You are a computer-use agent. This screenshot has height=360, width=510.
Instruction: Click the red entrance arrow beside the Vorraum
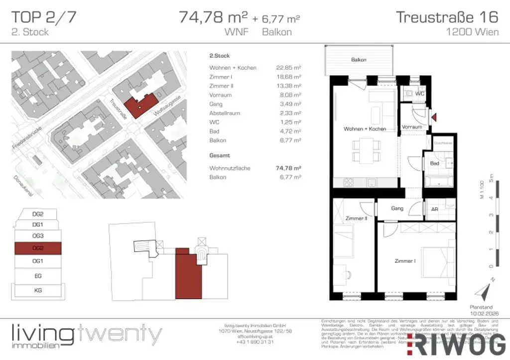point(434,118)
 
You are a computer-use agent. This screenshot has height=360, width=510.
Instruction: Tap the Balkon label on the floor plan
point(359,60)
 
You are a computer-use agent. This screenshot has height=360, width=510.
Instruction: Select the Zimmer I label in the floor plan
point(405,261)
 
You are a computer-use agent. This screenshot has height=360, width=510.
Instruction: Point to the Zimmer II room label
point(356,219)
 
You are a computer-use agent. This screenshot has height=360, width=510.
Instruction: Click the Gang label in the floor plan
point(397,209)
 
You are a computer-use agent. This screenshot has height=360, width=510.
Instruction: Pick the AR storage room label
point(434,210)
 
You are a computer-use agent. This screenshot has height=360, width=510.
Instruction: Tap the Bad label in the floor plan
point(434,163)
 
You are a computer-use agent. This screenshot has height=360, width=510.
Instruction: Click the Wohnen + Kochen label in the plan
point(365,129)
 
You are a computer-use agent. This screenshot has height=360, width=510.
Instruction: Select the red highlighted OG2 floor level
point(38,248)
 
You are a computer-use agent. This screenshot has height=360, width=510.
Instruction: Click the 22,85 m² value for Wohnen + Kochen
point(289,68)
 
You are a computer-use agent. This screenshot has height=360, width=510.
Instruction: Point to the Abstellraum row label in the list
point(225,113)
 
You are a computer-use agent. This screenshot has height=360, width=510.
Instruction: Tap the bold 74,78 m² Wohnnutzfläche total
point(289,168)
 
